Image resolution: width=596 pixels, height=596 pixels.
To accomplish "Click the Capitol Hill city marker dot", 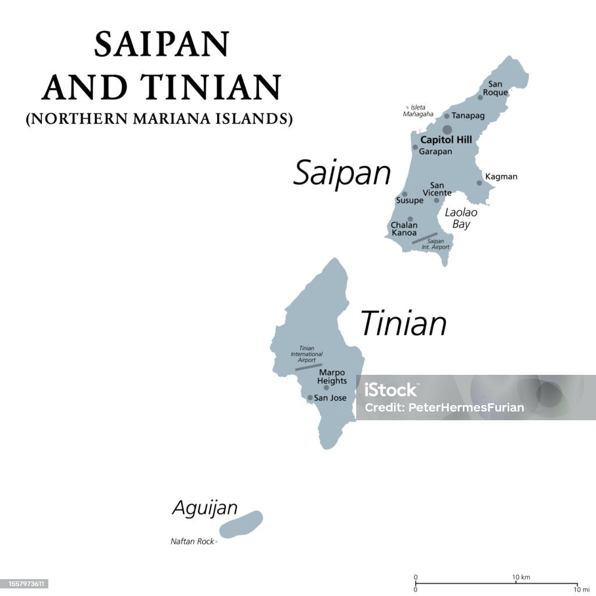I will [447, 129].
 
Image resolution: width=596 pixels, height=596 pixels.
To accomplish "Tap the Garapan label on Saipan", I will [435, 151].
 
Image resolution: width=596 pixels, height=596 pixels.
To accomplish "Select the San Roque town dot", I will [480, 97].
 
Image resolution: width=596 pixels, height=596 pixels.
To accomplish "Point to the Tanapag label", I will [468, 116].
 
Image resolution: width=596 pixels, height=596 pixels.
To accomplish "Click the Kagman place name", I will [501, 176].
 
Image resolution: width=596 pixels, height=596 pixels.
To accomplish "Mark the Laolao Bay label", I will [460, 218].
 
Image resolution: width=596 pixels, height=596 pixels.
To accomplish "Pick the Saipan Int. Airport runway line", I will [424, 238].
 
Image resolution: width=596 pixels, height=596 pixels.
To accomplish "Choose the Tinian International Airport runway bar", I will [308, 367].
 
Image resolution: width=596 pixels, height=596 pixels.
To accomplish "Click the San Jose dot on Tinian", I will [310, 398].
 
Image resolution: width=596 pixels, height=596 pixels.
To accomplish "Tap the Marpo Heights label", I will [332, 377].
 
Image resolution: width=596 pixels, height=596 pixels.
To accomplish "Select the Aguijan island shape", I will [241, 524].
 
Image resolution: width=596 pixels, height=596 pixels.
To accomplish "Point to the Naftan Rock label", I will [192, 541].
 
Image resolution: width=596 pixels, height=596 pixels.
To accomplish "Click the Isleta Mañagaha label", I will [418, 111].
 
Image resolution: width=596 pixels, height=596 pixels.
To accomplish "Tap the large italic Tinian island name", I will [403, 324].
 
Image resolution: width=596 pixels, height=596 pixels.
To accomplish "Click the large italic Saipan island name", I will [342, 173].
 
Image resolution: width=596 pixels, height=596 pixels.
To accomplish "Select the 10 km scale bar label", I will [521, 577].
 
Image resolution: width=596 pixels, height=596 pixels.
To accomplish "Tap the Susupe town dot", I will [405, 194].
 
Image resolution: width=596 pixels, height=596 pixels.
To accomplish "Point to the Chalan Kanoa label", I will [403, 229].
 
